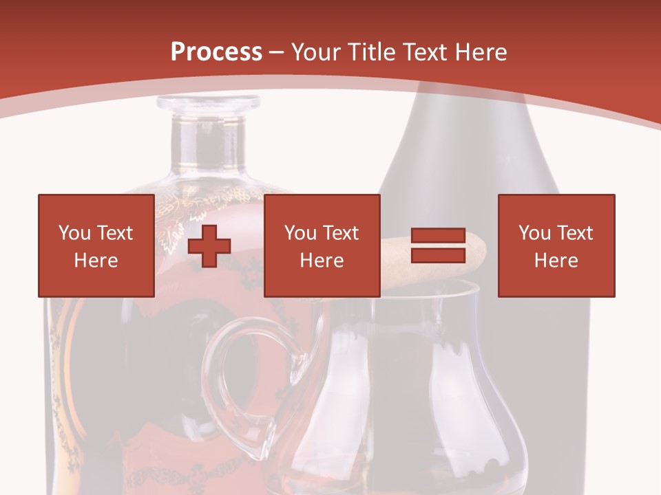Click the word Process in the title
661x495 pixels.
(216, 52)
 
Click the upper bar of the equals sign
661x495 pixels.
(438, 236)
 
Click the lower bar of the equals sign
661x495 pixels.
(438, 255)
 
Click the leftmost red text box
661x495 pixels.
(96, 245)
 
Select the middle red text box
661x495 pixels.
(322, 245)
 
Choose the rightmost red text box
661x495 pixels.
(556, 245)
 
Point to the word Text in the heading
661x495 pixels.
(422, 52)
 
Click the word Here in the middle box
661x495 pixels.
(322, 261)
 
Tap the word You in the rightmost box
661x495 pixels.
(534, 233)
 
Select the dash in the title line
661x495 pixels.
(277, 52)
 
